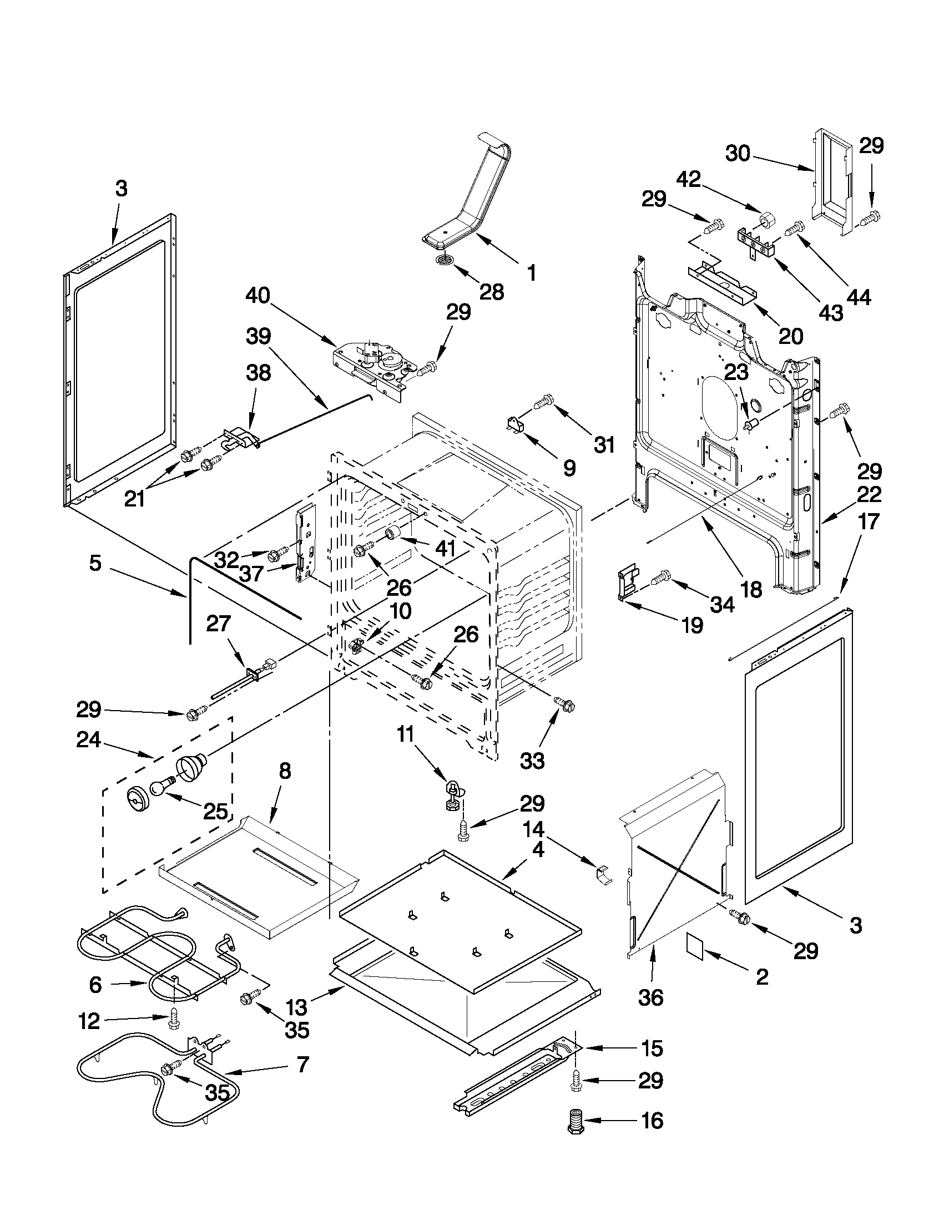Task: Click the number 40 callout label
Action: pos(258,295)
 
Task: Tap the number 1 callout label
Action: pos(531,273)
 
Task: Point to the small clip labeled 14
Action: pos(603,874)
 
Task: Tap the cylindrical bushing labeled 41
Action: pos(392,533)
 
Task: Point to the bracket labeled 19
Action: pos(627,585)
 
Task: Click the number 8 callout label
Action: pos(284,771)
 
